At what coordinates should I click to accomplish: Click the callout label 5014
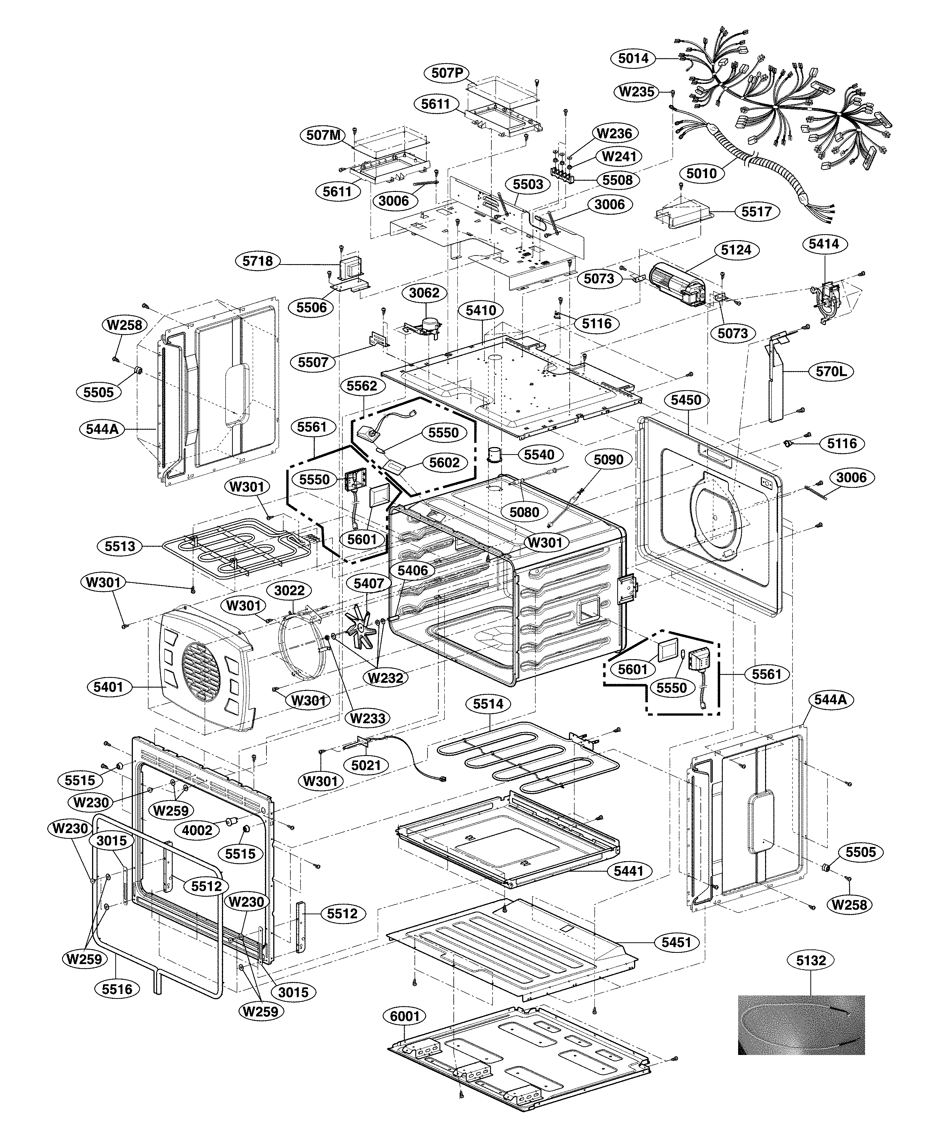633,58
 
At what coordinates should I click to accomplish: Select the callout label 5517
757,211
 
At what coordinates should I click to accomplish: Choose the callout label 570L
831,372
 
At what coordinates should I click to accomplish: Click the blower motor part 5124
677,283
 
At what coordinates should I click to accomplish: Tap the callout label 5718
258,261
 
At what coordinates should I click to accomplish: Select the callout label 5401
109,687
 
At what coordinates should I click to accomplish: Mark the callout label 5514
488,704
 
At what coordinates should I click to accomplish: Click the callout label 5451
676,942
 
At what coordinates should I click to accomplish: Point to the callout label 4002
197,830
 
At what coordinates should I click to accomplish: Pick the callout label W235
637,92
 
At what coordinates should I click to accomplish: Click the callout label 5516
117,989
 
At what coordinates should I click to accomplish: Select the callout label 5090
608,459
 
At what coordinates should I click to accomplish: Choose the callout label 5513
120,546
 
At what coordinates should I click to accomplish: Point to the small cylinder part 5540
495,454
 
